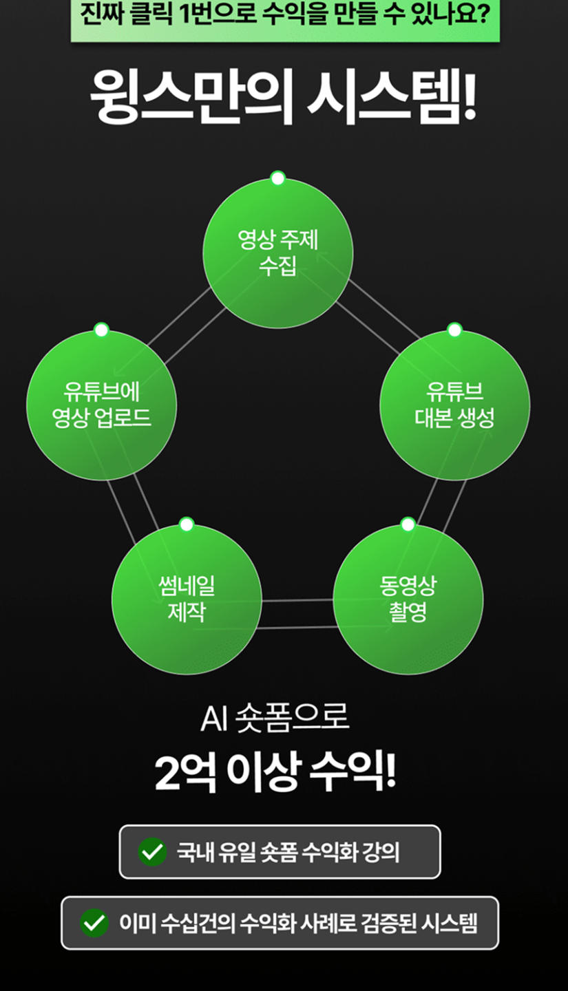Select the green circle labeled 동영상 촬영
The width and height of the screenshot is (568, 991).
point(408,599)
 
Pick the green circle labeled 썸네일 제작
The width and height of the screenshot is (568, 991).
point(187,599)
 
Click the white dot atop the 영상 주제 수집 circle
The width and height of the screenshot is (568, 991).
point(277,179)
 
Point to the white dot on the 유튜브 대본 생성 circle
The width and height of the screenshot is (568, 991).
point(454,330)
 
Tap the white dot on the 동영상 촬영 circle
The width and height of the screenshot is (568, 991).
point(408,524)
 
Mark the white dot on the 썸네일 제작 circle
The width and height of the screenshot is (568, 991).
point(187,524)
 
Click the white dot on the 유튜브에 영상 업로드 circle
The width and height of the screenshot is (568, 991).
point(101,330)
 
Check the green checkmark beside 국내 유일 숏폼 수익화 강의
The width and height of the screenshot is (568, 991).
point(152,852)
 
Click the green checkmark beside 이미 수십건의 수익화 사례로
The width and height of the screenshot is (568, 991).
point(94,923)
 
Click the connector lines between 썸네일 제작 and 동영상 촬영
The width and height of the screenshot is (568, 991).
point(297,613)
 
